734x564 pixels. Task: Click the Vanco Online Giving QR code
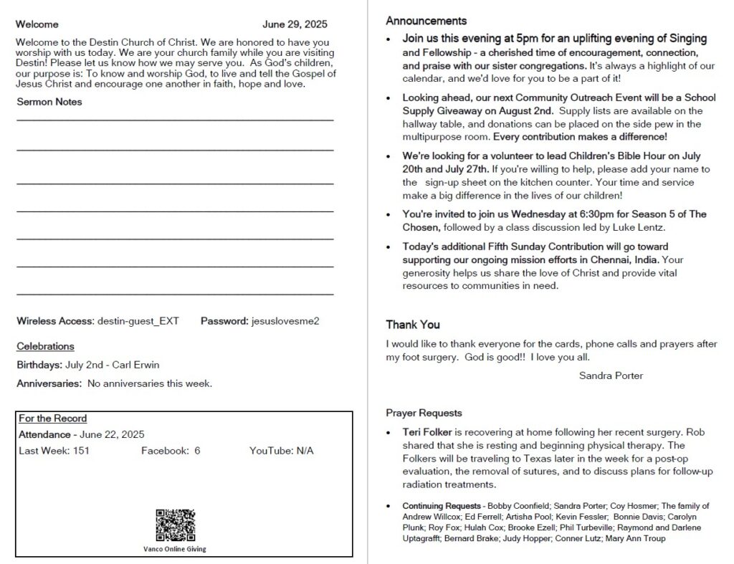point(175,525)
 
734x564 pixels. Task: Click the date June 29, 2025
point(295,24)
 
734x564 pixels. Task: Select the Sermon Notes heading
point(49,102)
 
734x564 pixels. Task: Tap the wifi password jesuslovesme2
point(285,321)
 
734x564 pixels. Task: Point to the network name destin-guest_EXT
point(138,321)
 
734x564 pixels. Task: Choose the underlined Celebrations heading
point(45,347)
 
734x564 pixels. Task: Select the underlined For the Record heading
point(53,419)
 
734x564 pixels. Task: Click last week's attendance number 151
point(81,451)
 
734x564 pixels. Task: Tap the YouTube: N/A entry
point(281,451)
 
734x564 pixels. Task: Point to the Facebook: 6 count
point(171,451)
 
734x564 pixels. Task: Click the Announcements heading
point(426,21)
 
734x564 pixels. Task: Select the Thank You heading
point(413,325)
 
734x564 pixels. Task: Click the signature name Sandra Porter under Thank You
point(611,376)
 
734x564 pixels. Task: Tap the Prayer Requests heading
point(424,414)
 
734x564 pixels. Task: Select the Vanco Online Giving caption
point(175,550)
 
